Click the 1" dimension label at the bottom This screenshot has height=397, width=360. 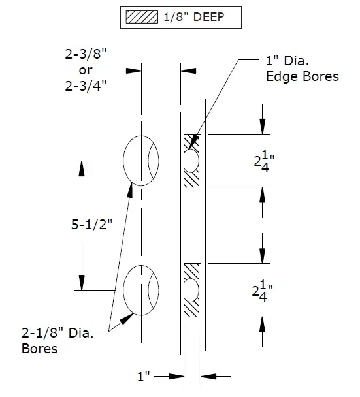(144, 377)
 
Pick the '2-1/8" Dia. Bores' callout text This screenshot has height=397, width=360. (59, 341)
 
